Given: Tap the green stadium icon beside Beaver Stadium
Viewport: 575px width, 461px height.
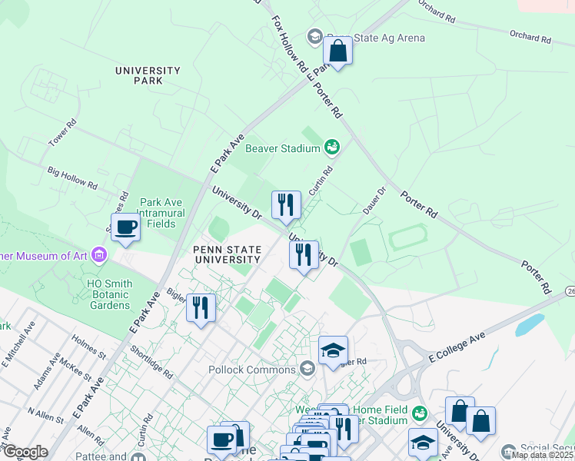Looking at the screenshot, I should [x=332, y=146].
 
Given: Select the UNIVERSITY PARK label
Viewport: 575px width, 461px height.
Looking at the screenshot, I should [x=148, y=75].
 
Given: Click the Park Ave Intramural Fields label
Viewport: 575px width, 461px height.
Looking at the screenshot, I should [x=157, y=214].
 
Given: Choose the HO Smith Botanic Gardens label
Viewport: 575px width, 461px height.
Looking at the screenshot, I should [x=109, y=294].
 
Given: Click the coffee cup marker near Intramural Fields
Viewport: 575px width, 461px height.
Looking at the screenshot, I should [x=126, y=227].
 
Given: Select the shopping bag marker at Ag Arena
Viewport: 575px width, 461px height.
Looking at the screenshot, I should [x=337, y=51].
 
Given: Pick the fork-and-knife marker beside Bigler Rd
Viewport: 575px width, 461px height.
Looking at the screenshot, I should [x=201, y=308].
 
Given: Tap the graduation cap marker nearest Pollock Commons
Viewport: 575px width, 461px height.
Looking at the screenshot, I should [x=333, y=351].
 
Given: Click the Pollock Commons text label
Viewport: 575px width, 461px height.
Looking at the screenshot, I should [x=251, y=370].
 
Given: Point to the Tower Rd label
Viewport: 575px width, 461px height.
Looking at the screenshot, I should [x=62, y=133].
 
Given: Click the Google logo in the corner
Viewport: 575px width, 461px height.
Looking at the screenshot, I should [x=25, y=452].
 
